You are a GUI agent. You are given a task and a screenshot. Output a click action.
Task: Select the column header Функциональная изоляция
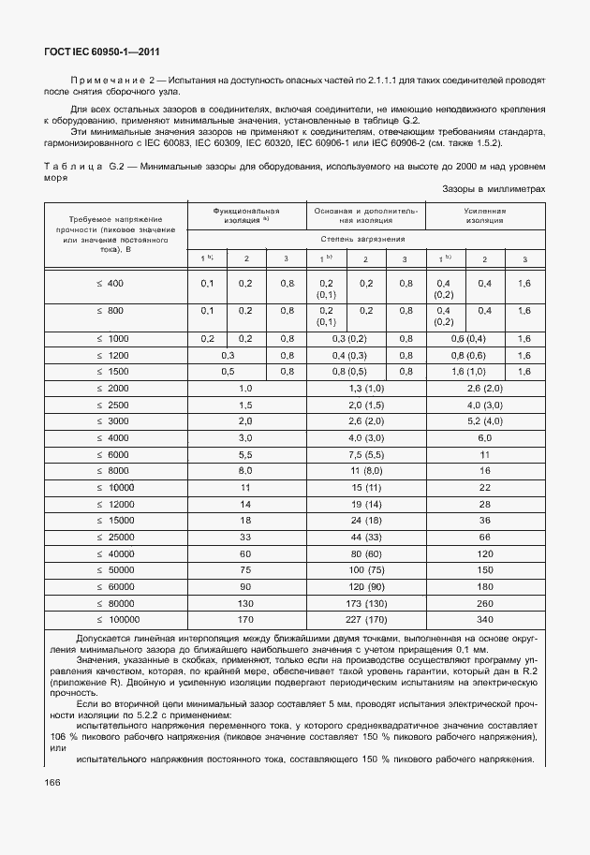[246, 215]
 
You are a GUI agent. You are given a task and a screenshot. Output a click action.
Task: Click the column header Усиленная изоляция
[484, 215]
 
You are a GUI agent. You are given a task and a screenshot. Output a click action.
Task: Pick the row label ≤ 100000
[116, 619]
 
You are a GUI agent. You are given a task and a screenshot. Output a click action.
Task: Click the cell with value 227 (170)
[365, 619]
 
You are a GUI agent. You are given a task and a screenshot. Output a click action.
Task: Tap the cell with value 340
[484, 619]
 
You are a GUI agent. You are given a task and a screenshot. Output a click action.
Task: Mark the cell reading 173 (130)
[365, 604]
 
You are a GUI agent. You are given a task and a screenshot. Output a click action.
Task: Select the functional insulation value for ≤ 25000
[246, 537]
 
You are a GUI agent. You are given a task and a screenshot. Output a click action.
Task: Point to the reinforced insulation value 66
[484, 537]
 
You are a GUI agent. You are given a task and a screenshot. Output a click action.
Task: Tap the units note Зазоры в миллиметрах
[494, 188]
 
